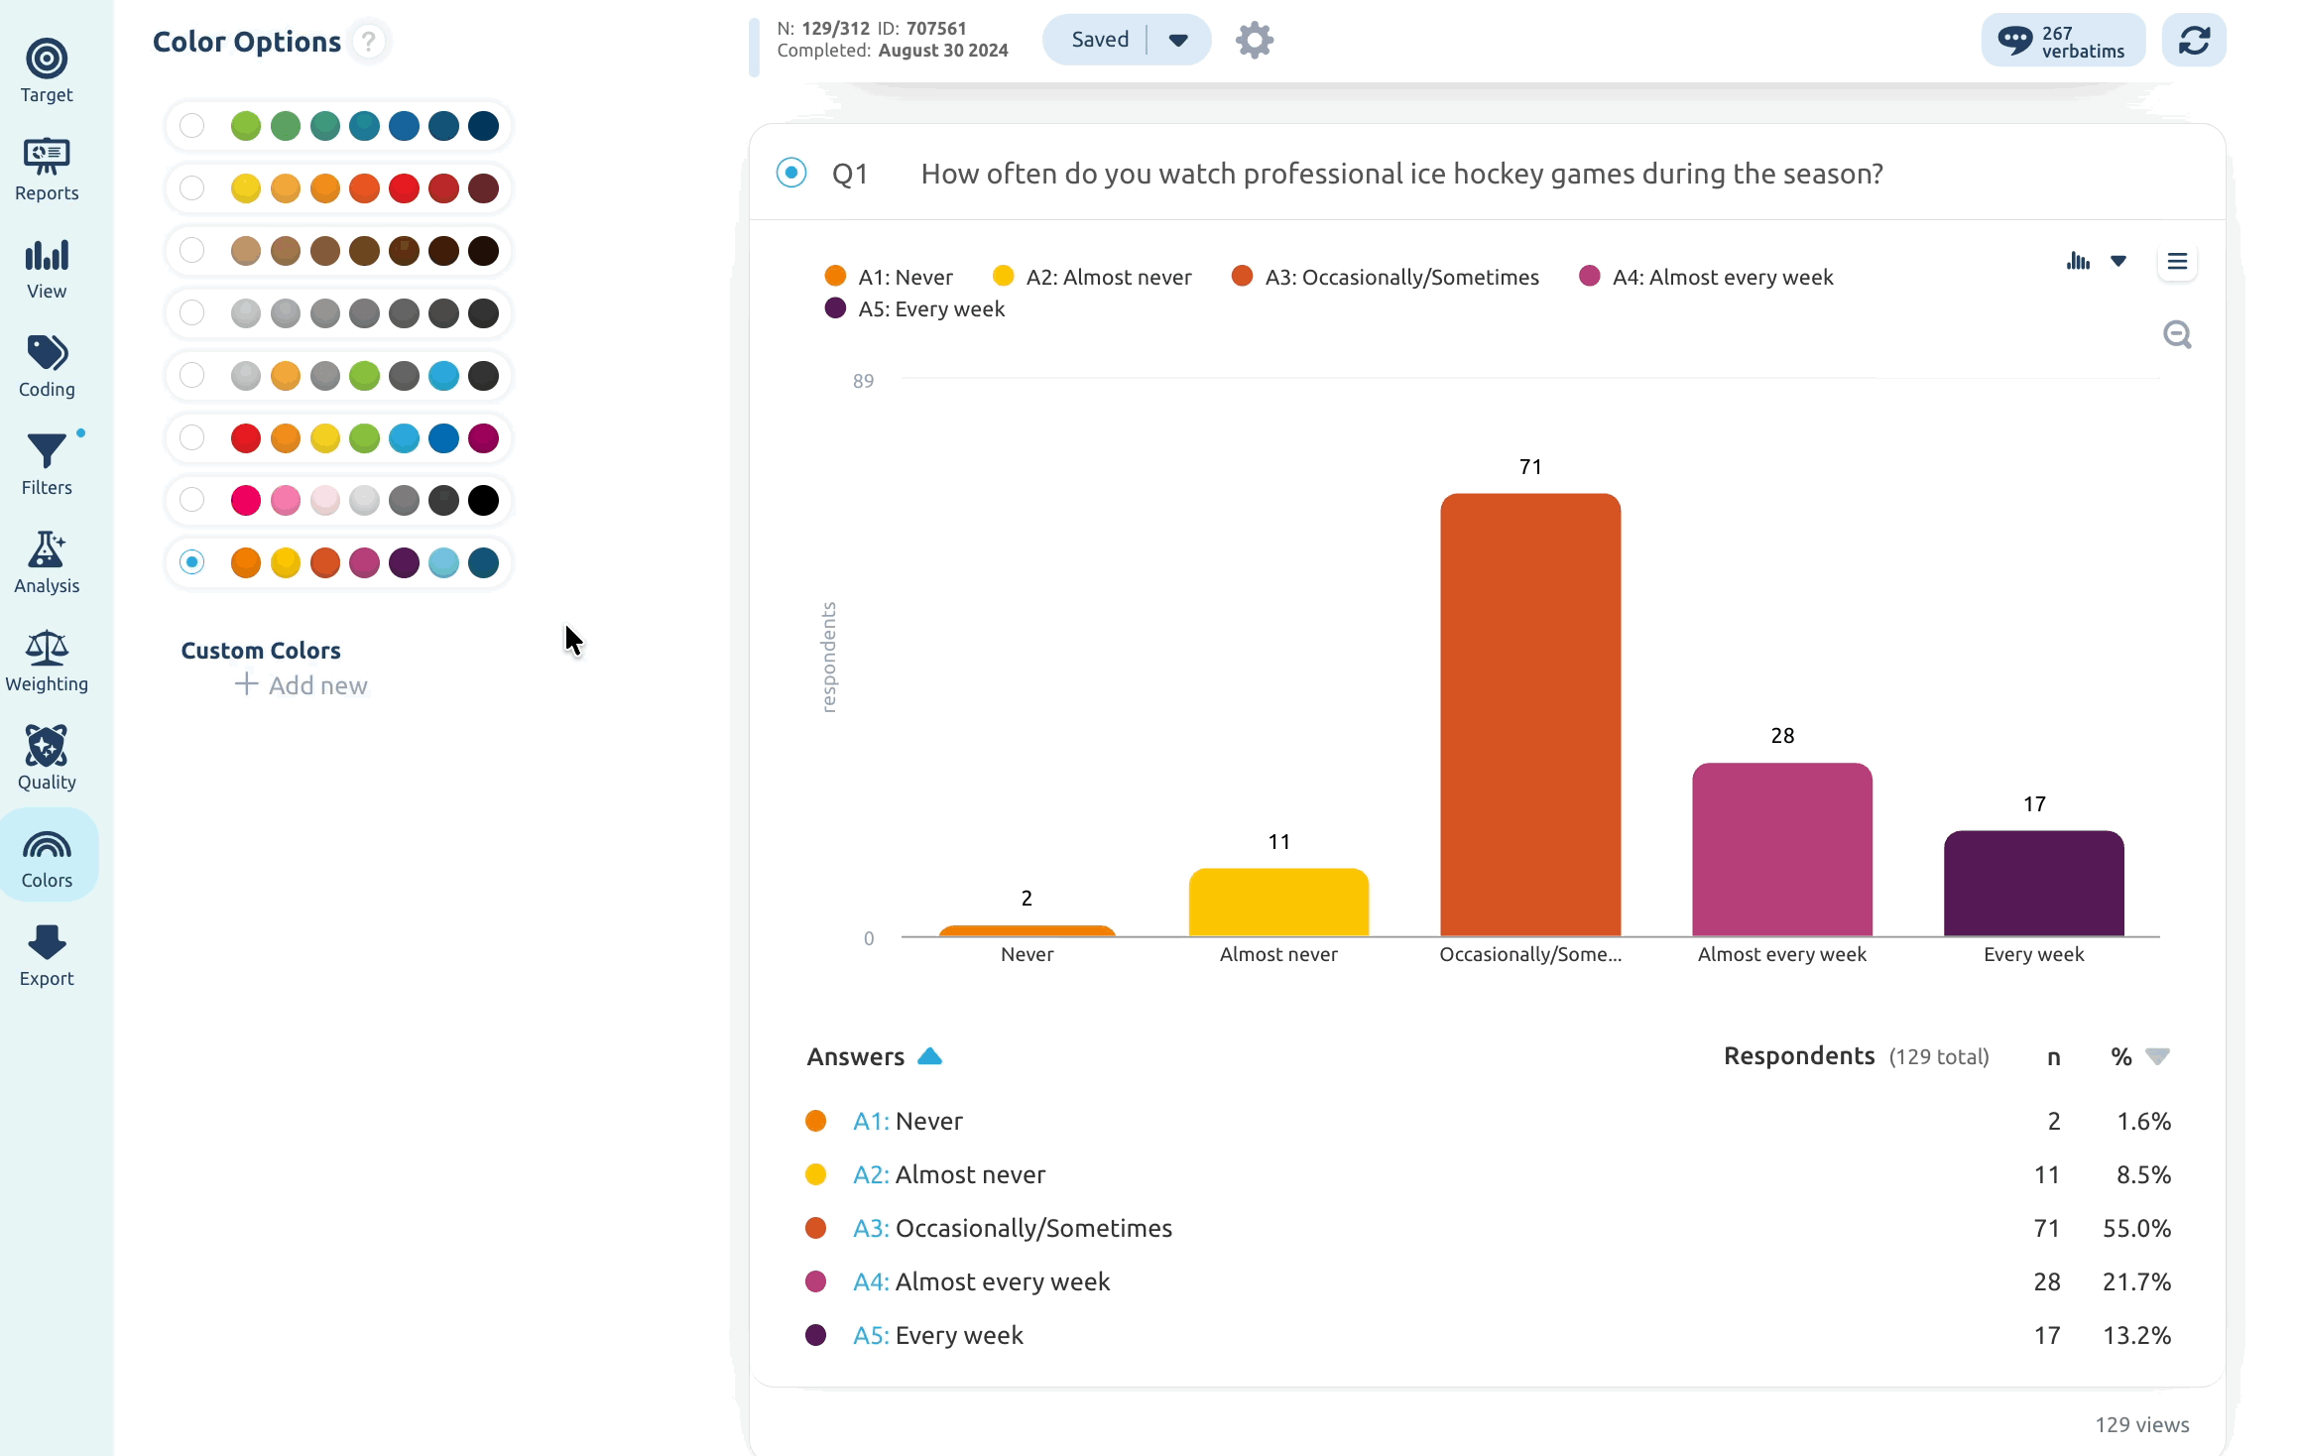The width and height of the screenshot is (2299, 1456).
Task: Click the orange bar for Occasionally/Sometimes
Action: pyautogui.click(x=1530, y=714)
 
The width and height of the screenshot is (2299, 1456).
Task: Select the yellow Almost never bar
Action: pyautogui.click(x=1278, y=902)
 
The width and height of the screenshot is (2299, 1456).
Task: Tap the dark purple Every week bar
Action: pyautogui.click(x=2033, y=883)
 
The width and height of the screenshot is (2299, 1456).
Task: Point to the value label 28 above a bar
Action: pyautogui.click(x=1782, y=736)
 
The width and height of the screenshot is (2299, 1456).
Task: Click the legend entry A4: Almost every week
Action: pyautogui.click(x=1706, y=277)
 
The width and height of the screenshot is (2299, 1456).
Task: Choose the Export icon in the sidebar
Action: pyautogui.click(x=47, y=956)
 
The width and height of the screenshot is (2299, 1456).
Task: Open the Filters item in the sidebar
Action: pyautogui.click(x=47, y=464)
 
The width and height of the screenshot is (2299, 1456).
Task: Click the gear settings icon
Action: pyautogui.click(x=1255, y=40)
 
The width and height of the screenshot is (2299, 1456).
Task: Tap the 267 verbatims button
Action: pyautogui.click(x=2063, y=41)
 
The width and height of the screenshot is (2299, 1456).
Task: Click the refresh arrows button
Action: pyautogui.click(x=2194, y=41)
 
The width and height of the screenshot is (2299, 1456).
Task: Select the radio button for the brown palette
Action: pyautogui.click(x=192, y=251)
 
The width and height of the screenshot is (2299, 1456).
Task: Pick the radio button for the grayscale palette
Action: pyautogui.click(x=192, y=313)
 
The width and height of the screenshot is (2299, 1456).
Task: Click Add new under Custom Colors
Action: pyautogui.click(x=302, y=685)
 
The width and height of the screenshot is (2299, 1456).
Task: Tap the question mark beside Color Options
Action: pyautogui.click(x=369, y=42)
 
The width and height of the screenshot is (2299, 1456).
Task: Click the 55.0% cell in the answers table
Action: pyautogui.click(x=2136, y=1228)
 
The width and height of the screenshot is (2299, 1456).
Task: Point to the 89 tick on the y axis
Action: pyautogui.click(x=863, y=381)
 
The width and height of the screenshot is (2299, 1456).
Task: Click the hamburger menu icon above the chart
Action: pyautogui.click(x=2177, y=262)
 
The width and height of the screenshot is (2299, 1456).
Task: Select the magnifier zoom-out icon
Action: pyautogui.click(x=2177, y=335)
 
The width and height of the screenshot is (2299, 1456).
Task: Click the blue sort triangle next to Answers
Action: pyautogui.click(x=929, y=1056)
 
